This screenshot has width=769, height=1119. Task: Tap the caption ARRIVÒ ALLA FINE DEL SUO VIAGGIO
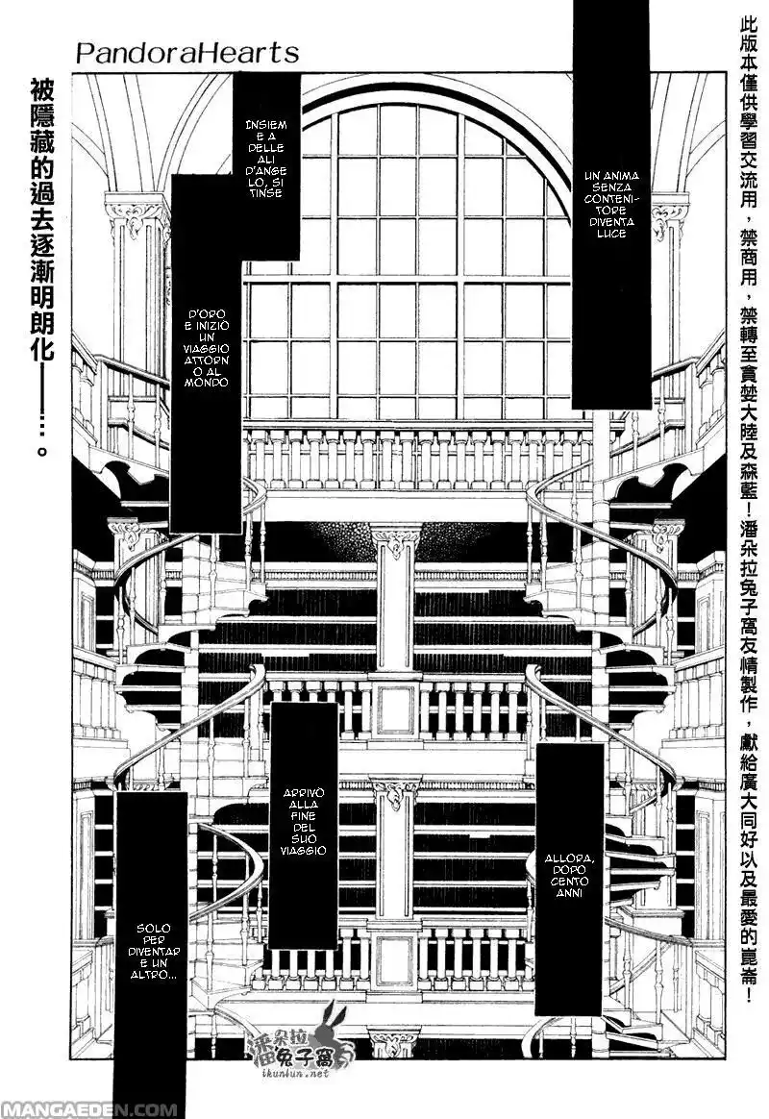point(305,822)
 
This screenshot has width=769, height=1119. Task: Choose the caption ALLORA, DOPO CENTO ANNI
point(568,875)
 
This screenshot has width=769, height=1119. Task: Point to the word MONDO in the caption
point(208,383)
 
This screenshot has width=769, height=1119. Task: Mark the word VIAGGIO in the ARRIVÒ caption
point(305,851)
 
